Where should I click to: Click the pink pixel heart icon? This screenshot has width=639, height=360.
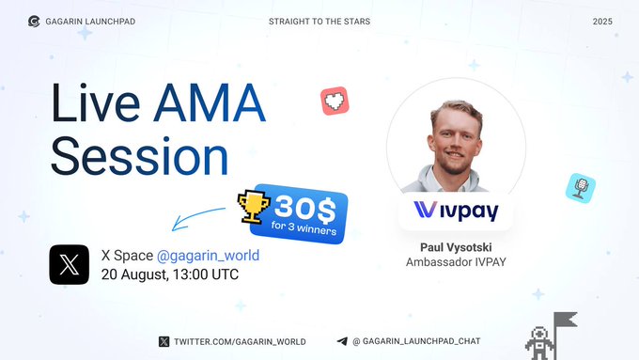tap(335, 102)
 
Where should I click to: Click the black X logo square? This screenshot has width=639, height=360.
tap(70, 264)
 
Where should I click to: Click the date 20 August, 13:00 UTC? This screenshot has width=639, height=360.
tap(170, 274)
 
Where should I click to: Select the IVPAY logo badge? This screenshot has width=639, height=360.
tap(456, 211)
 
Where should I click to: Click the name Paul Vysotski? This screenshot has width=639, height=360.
tap(456, 247)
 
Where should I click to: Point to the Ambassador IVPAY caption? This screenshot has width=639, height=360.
tap(456, 262)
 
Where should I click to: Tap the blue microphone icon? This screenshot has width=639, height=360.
tap(580, 188)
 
